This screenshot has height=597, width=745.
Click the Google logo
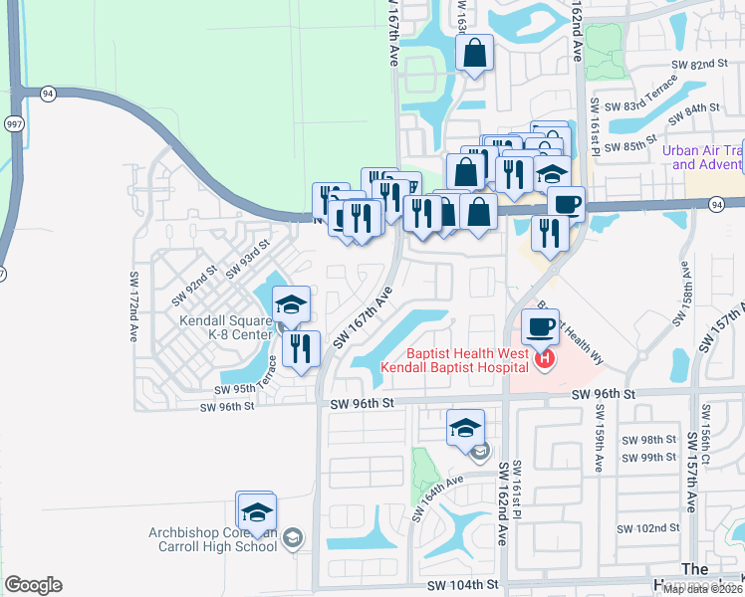(x=33, y=585)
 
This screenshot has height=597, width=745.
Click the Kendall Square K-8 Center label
(x=225, y=327)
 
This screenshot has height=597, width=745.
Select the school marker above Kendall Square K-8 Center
(x=290, y=305)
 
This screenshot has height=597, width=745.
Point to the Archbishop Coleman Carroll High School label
(x=212, y=538)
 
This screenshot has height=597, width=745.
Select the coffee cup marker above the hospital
(x=540, y=326)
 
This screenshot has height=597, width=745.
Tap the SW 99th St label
(x=647, y=457)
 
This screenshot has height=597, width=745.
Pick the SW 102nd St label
(x=646, y=528)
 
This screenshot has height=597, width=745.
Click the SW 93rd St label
(x=248, y=258)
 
